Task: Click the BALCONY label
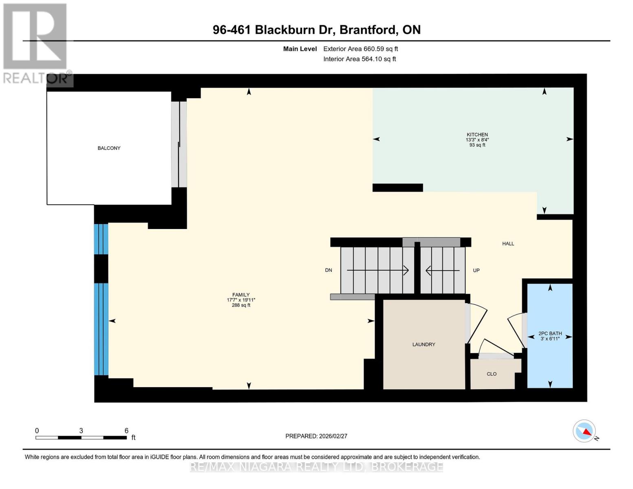point(109,148)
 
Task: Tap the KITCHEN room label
point(477,134)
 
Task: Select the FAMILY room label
point(241,295)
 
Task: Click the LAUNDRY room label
point(423,345)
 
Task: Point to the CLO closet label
point(492,374)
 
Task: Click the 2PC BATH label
point(550,333)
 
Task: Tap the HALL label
point(508,244)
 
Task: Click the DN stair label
point(329,270)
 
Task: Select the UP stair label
point(476,271)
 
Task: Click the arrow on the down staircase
point(377,270)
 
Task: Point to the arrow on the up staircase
point(443,270)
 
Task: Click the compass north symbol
point(584,431)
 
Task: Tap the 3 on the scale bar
point(81,431)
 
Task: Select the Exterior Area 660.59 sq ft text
point(360,49)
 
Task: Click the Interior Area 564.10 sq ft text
point(360,59)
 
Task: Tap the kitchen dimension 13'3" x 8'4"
point(477,140)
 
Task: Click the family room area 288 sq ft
point(241,305)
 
